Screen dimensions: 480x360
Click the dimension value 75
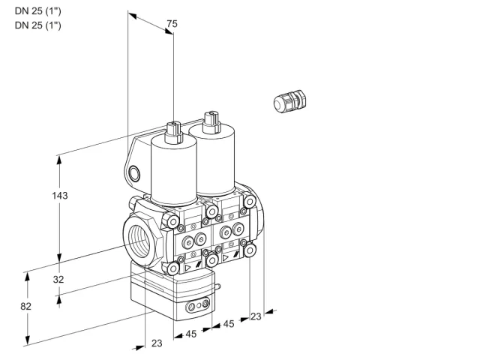[172, 23]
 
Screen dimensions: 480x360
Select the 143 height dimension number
[60, 195]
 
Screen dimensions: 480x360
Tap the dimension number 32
[58, 279]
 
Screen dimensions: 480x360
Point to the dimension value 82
[25, 306]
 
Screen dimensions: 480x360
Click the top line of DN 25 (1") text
[38, 11]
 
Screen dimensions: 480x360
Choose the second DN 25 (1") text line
[38, 25]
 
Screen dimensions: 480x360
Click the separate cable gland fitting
[289, 101]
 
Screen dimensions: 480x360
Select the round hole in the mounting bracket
[134, 174]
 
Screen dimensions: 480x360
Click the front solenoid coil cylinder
[173, 172]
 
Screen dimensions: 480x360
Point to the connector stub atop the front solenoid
[174, 133]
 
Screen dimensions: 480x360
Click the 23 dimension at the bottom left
[157, 343]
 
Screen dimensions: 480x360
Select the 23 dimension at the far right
[256, 316]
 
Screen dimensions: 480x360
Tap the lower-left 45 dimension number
[191, 334]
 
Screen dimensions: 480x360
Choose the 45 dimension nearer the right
[228, 323]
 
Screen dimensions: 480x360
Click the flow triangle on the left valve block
[187, 268]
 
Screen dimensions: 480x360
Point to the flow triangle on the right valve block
[226, 258]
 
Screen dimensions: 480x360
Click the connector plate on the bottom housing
[198, 305]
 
